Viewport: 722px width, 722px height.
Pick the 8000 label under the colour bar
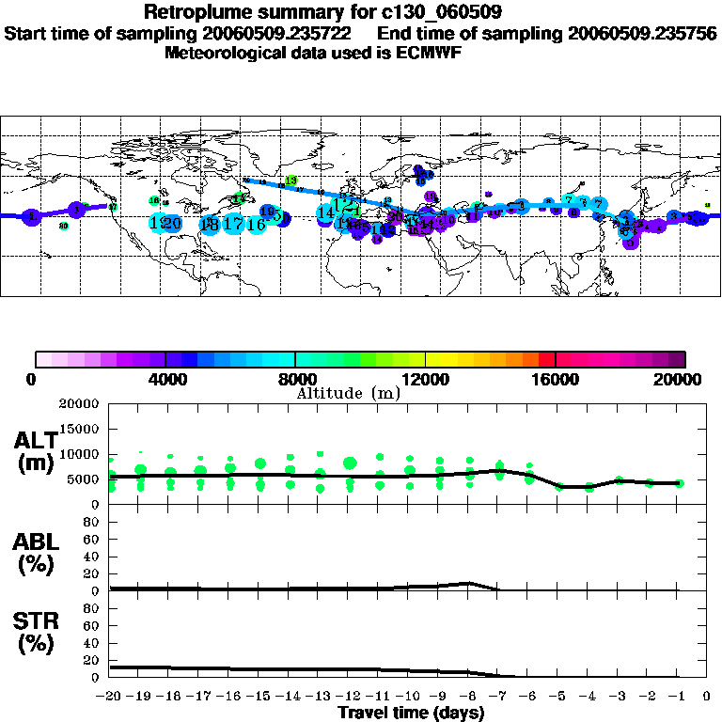tap(295, 379)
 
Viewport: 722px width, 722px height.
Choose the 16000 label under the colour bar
tap(556, 379)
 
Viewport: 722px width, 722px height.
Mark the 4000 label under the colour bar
tap(165, 379)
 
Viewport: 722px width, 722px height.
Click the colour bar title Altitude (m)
tap(349, 393)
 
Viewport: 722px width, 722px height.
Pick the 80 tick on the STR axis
tap(92, 608)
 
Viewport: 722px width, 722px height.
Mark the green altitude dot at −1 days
tap(679, 483)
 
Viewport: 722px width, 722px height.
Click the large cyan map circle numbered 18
tap(210, 225)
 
